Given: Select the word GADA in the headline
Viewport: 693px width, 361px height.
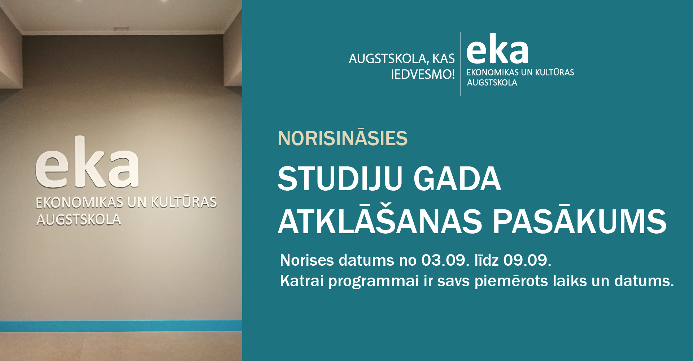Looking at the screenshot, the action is (x=457, y=179).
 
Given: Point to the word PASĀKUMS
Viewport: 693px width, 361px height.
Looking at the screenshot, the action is (x=580, y=221).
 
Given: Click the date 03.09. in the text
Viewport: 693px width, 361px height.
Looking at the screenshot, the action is (x=445, y=260).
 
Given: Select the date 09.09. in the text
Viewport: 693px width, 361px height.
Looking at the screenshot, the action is (x=527, y=260).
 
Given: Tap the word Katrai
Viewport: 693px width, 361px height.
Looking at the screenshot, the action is (x=302, y=281).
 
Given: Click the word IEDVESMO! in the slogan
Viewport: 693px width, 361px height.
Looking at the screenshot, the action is (x=423, y=74).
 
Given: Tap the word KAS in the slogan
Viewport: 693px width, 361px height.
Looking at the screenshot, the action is (x=444, y=58).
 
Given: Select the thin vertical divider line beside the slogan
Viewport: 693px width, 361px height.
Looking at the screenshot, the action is (x=461, y=64).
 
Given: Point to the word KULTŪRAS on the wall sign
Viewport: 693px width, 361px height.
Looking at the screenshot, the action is (x=184, y=202).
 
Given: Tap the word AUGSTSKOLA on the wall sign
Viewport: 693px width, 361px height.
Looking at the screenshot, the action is (x=78, y=219).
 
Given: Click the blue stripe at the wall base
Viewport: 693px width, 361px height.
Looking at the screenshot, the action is (x=121, y=326).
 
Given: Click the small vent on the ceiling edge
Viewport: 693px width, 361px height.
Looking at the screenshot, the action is (x=121, y=29).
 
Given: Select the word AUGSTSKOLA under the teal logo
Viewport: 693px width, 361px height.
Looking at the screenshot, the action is (x=492, y=83).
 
